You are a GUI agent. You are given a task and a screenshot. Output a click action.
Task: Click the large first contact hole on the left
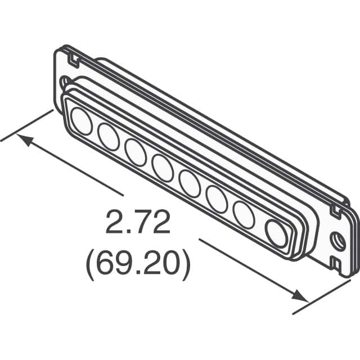[x=82, y=122]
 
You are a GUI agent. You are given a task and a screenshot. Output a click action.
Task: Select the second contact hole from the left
[x=108, y=137]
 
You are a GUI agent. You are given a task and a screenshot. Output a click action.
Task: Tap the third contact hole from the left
[x=136, y=152]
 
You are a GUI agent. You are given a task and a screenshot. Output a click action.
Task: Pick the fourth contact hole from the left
[x=163, y=168]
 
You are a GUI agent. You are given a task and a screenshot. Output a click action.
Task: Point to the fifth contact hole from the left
[x=190, y=183]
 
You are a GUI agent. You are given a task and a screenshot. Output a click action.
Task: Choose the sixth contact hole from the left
[x=216, y=198]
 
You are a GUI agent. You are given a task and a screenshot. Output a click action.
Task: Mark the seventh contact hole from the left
[x=244, y=214]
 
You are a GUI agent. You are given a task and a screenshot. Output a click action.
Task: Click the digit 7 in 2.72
[x=139, y=224]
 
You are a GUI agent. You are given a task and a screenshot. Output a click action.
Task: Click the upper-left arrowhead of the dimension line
[x=22, y=138]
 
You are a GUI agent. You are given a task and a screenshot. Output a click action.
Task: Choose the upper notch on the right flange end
[x=336, y=211]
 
